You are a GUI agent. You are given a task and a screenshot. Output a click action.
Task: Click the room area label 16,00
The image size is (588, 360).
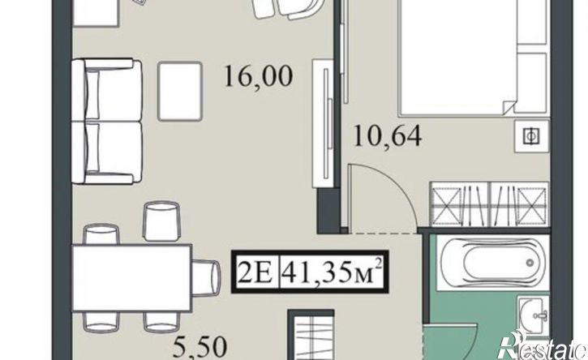coord(258,77)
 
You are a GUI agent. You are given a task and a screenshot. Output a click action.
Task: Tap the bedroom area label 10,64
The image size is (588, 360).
coord(388,136)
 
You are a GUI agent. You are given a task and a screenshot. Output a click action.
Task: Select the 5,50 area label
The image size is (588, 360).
coord(200,348)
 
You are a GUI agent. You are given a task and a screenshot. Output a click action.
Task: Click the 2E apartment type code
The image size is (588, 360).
coord(255,271)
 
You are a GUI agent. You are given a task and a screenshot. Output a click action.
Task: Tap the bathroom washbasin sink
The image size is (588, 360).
coord(534,314)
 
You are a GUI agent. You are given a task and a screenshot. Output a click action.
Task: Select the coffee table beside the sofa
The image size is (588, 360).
coord(180,92)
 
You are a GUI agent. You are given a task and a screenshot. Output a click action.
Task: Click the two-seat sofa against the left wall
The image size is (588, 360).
coord(108,122)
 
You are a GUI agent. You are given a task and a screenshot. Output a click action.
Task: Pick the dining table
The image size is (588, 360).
coord(132,277)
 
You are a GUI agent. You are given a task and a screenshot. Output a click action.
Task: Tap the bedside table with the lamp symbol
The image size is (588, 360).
coord(532,136)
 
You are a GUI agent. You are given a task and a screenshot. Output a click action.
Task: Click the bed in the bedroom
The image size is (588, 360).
coord(474,56)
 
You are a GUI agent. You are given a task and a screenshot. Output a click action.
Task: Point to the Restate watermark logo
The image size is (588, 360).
coord(543,345)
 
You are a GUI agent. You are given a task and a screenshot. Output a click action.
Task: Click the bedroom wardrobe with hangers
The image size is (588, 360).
coord(489,204)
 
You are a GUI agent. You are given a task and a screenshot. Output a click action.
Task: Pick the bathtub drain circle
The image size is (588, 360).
coord(530,263)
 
